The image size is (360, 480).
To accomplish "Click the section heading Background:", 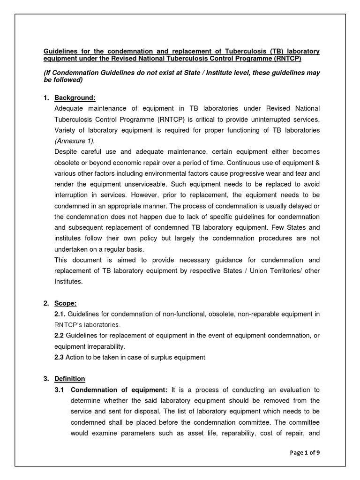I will click(x=75, y=97).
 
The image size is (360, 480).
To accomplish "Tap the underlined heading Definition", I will click(x=70, y=378).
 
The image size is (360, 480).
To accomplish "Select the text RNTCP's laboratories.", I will click(x=88, y=324).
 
